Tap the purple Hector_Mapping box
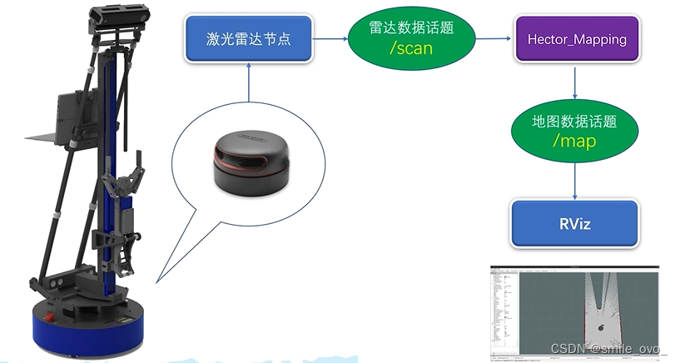point(576,38)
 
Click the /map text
point(574,141)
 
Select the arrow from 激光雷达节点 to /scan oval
point(331,38)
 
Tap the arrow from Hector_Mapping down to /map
point(576,82)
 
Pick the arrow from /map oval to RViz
point(576,179)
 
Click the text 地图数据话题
point(574,121)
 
